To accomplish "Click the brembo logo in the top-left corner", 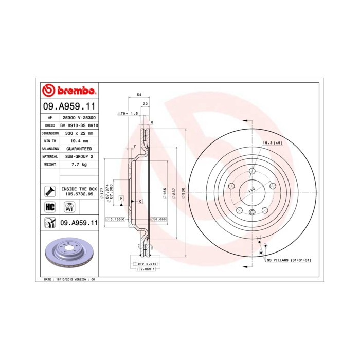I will (68, 91).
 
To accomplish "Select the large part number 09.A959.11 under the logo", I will (69, 107).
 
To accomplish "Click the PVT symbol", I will (68, 207).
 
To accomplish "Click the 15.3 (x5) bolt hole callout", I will (273, 142).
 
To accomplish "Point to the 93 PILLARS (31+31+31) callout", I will (289, 261).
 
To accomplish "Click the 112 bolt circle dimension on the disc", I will (251, 190).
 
